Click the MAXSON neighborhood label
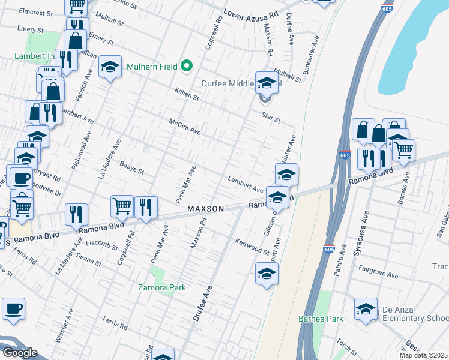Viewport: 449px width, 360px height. (x=205, y=209)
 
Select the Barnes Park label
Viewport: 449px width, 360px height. (x=321, y=319)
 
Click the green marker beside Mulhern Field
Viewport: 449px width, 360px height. (x=187, y=65)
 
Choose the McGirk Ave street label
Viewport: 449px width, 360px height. (x=184, y=126)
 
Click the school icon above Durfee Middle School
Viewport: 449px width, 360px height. (x=267, y=83)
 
